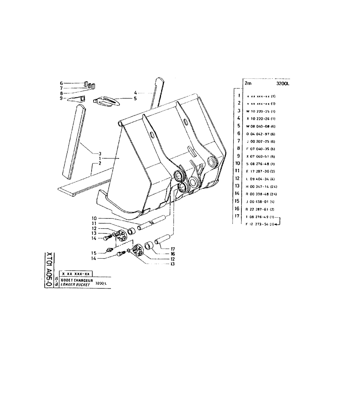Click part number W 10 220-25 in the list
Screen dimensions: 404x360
(x=260, y=111)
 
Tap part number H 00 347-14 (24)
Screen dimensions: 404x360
(x=262, y=186)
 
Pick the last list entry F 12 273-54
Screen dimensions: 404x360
(x=260, y=224)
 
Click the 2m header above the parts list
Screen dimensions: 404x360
(x=248, y=84)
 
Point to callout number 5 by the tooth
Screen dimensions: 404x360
(x=135, y=98)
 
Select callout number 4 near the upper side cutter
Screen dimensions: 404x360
(x=136, y=93)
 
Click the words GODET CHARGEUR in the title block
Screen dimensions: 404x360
(x=77, y=280)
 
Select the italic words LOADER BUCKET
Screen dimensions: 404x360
(x=76, y=284)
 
